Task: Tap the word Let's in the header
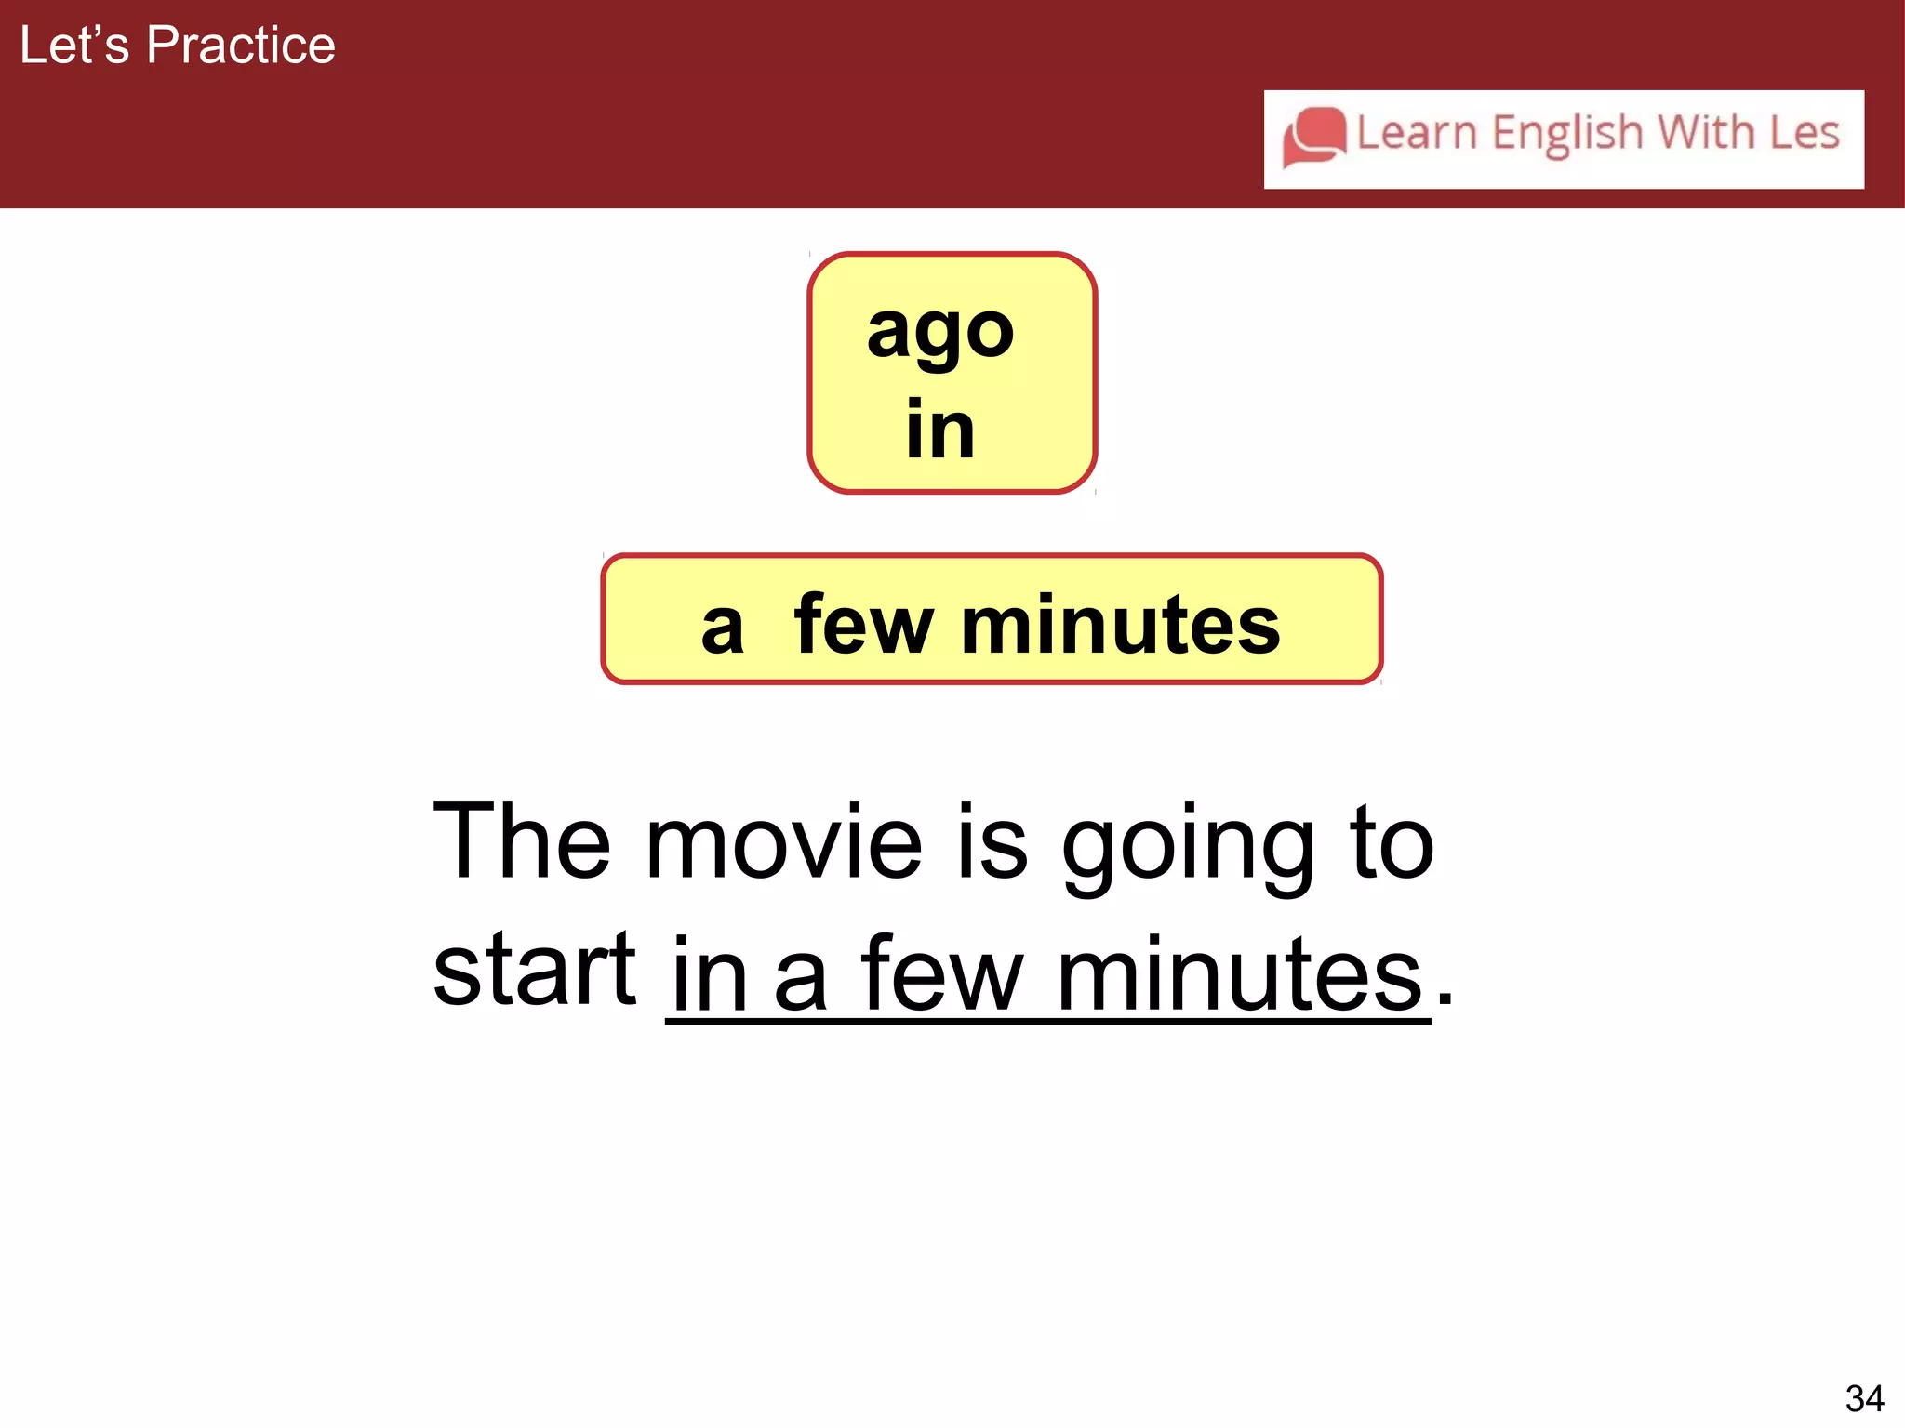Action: point(74,46)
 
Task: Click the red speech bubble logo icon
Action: point(1314,137)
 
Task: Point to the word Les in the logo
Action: point(1804,132)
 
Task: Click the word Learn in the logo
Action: point(1417,133)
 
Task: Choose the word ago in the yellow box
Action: point(940,333)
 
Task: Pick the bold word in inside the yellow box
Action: point(940,430)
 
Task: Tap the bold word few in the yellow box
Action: point(863,625)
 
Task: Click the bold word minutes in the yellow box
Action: point(1120,625)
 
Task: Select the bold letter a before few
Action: point(723,628)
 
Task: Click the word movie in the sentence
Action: point(783,842)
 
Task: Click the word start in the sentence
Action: point(534,970)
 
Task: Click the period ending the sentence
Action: point(1445,1000)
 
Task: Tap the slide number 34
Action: point(1864,1398)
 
